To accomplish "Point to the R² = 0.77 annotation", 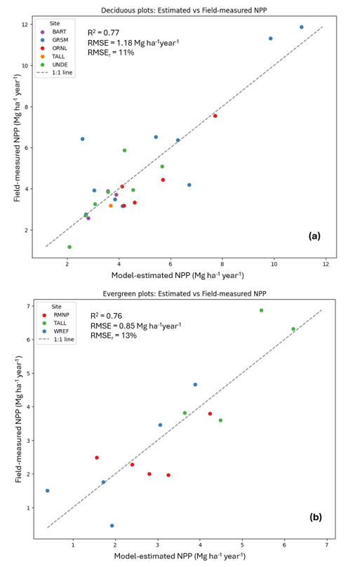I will (x=103, y=32).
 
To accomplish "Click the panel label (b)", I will (x=315, y=517).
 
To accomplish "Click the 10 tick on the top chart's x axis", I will (x=274, y=265).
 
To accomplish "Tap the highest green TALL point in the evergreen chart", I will (x=261, y=310).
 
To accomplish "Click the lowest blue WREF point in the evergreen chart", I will (x=112, y=526).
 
